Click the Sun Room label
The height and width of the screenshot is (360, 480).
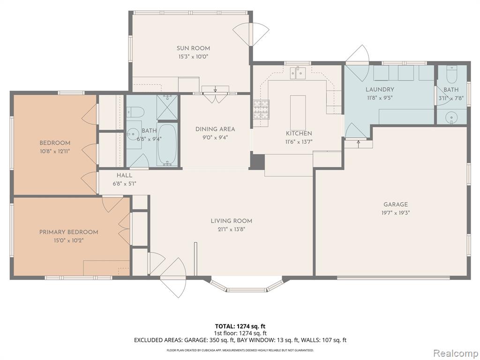(193, 48)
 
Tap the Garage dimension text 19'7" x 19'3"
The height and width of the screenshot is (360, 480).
(396, 213)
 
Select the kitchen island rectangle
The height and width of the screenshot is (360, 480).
(298, 112)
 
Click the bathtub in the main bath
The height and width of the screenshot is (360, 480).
(167, 144)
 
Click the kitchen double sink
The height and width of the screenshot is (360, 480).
(298, 73)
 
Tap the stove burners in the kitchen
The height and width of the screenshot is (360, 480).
(261, 109)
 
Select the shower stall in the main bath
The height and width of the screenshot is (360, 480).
(167, 107)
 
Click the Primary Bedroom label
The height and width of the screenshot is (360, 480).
(69, 232)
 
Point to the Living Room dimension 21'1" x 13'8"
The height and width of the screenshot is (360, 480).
(232, 229)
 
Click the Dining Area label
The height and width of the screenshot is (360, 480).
(215, 129)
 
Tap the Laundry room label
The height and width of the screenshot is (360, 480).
(380, 90)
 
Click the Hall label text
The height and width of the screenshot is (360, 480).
(124, 175)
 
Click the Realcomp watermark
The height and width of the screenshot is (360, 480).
(455, 353)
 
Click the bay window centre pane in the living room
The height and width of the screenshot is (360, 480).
(247, 289)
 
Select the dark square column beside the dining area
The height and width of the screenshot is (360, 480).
(257, 162)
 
